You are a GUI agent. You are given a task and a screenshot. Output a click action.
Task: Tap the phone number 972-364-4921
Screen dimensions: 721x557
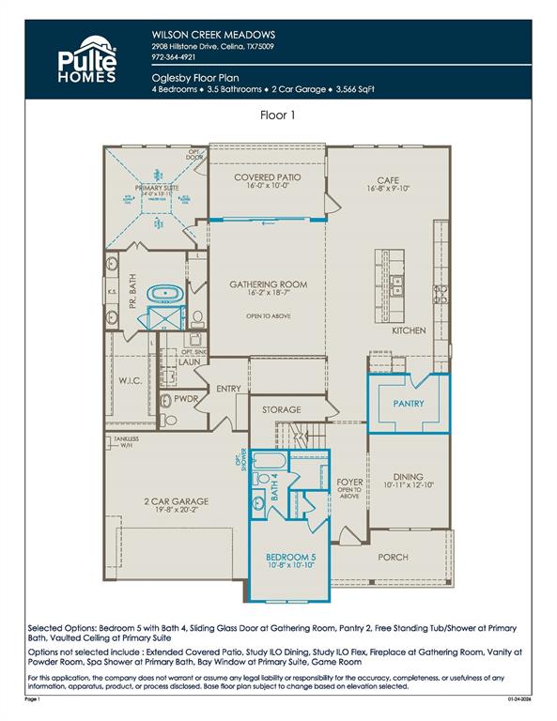(x=175, y=57)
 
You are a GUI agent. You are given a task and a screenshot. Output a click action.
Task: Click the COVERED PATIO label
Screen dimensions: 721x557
(x=268, y=177)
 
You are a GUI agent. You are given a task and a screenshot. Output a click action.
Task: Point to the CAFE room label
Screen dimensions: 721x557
(x=389, y=180)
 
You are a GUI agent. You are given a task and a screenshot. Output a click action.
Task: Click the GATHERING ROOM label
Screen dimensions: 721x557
(x=269, y=284)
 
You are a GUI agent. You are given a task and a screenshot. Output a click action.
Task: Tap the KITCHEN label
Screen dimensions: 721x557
(x=409, y=330)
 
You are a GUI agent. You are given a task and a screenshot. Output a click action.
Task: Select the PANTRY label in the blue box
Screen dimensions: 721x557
(x=409, y=405)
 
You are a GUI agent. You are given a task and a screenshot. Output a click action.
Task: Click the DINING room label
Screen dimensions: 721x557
(x=409, y=477)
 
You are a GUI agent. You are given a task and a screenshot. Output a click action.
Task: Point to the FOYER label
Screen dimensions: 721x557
(x=349, y=483)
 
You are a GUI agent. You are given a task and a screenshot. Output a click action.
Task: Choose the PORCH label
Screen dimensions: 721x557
(x=393, y=557)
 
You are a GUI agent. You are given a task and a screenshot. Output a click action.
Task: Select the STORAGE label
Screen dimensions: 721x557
(x=281, y=410)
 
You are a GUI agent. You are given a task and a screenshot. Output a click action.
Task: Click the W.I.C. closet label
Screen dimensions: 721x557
(x=130, y=380)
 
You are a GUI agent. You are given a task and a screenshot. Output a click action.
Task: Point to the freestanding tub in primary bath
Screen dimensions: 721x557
(x=168, y=295)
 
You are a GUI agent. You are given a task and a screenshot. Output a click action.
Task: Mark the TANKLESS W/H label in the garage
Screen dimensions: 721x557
(x=127, y=442)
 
